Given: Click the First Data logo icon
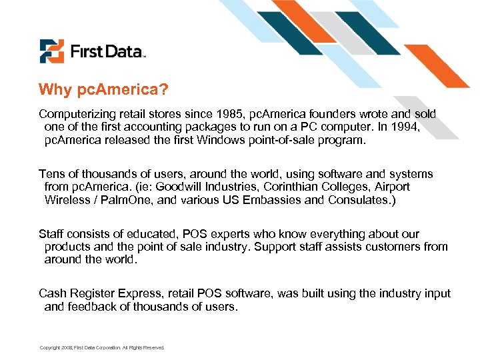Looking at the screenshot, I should (x=51, y=51).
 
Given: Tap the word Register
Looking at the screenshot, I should (x=100, y=294).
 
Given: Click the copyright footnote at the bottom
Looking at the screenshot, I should (x=101, y=347).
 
